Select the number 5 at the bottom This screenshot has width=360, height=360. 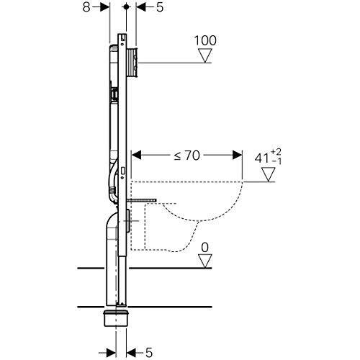(148, 352)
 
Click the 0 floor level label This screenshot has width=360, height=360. (205, 246)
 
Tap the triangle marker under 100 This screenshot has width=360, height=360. (206, 55)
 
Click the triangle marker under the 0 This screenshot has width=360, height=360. (205, 261)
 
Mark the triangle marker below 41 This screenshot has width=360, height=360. (269, 174)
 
